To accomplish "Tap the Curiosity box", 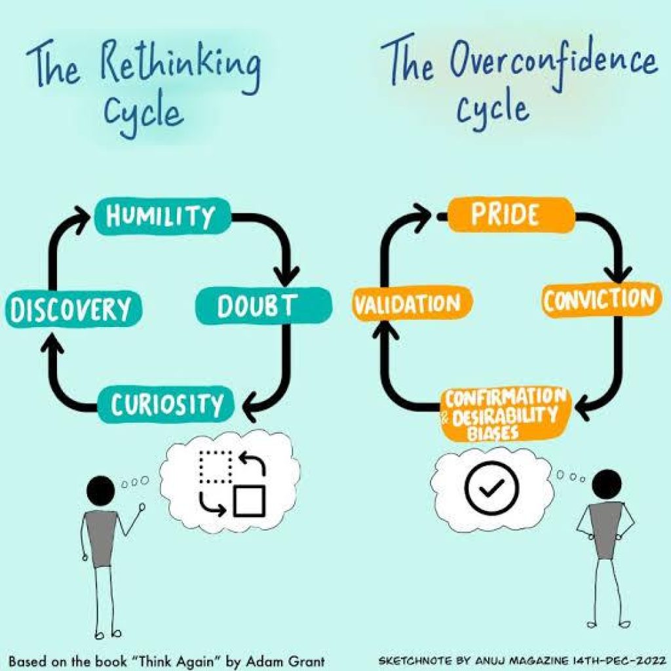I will point(166,405).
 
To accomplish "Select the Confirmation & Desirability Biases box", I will point(505,413).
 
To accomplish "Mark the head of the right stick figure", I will point(607,484).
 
